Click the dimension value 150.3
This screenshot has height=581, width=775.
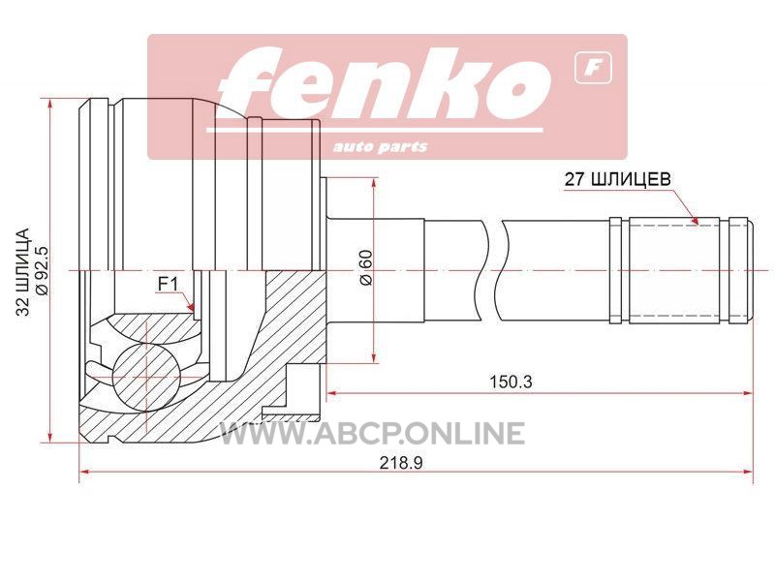511,382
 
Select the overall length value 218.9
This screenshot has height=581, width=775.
401,463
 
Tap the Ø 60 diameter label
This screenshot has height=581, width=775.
366,267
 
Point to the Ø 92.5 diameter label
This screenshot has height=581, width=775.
42,271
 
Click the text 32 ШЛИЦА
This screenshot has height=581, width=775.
23,271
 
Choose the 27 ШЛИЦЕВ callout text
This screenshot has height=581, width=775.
618,179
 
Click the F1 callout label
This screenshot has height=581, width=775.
167,284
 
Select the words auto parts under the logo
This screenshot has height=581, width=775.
380,147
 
